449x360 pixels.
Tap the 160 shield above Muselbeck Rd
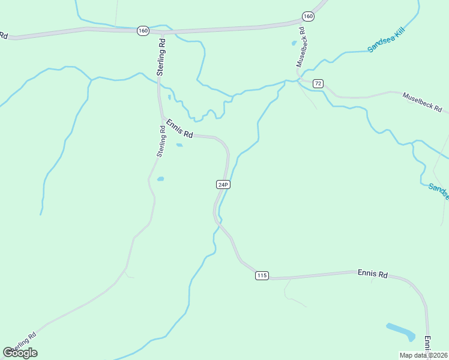point(308,16)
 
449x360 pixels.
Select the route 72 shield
point(318,83)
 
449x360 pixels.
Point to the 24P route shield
point(223,184)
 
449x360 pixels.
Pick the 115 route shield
point(261,275)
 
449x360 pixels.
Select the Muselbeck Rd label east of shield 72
point(422,102)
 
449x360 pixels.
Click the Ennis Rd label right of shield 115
point(373,274)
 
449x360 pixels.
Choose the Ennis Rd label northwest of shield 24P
point(179,128)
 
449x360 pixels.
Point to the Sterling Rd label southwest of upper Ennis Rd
point(161,142)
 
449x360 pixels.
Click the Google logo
point(20,353)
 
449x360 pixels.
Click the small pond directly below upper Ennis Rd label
point(179,145)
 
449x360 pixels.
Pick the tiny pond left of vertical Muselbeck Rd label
point(294,43)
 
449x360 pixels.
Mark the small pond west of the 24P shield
point(160,178)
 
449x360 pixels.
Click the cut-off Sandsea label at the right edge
point(439,192)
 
